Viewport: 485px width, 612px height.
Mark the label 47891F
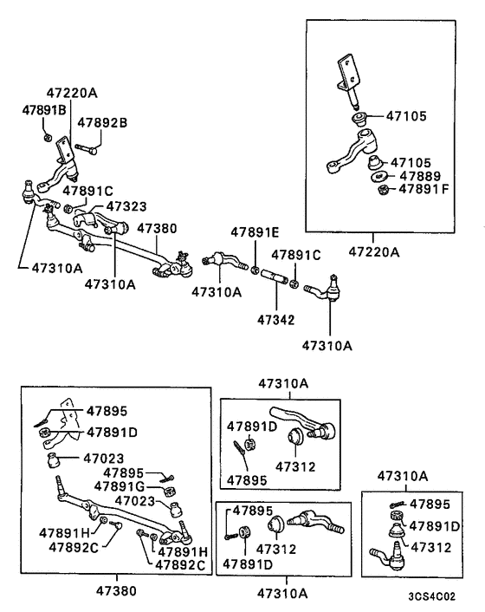point(415,191)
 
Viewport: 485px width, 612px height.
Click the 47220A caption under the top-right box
point(375,252)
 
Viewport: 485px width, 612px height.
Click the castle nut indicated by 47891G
point(171,487)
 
